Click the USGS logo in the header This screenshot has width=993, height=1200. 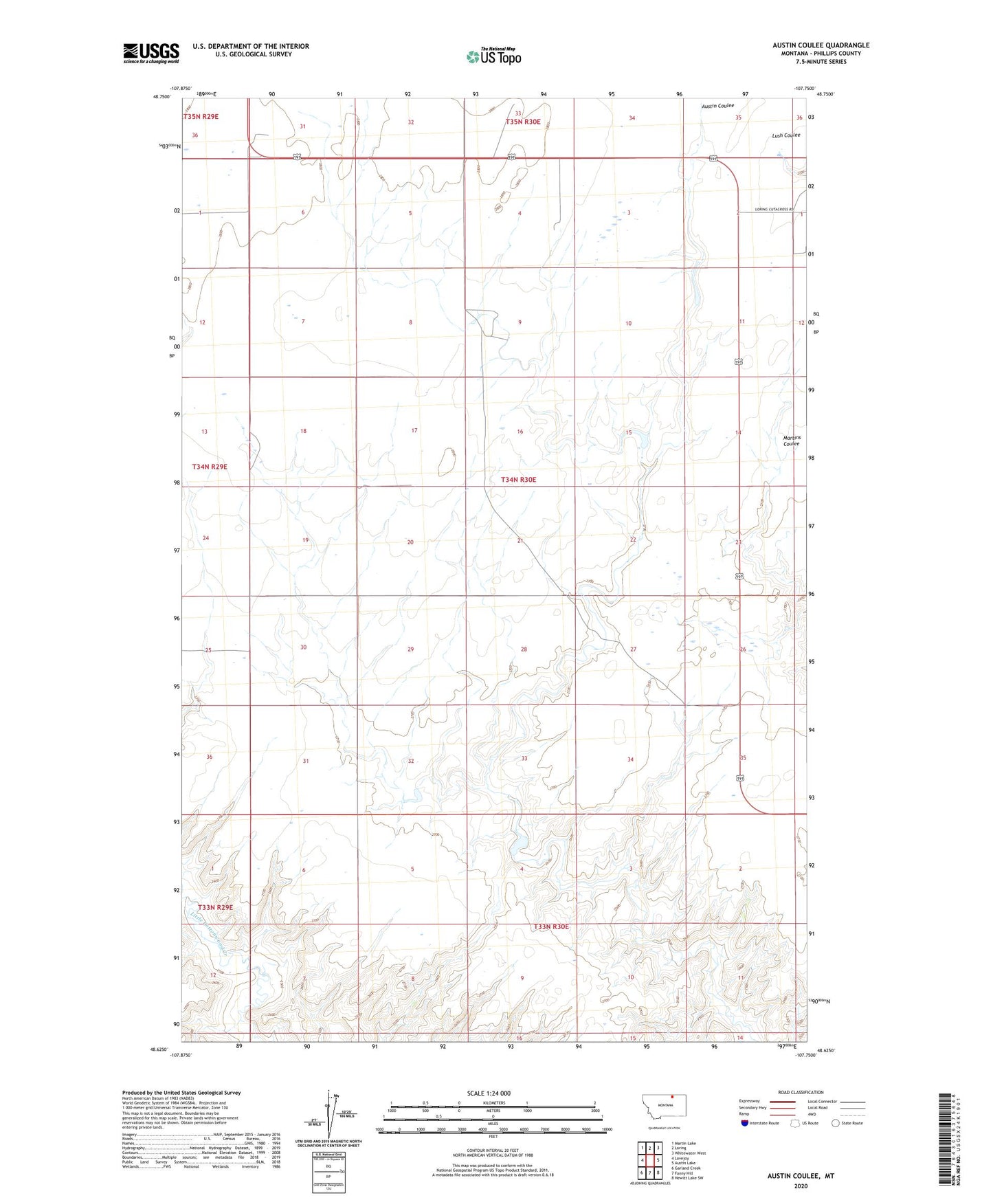pos(150,53)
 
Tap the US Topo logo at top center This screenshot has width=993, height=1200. pos(493,56)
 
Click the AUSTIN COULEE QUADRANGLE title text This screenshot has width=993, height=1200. pos(821,45)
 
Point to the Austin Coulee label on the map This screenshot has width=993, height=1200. pos(717,106)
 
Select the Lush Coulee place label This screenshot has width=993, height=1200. pos(785,135)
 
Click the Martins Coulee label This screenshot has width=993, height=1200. pos(792,441)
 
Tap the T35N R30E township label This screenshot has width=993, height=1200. pos(523,122)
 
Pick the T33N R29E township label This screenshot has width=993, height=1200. pos(216,907)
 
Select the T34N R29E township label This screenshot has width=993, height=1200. pos(210,467)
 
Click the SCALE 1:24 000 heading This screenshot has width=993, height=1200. pos(489,1093)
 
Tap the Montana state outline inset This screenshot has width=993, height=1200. pos(663,1105)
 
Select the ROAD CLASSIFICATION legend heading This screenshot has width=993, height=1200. pos(801,1092)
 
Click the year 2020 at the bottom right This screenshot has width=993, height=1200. pos(801,1186)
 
